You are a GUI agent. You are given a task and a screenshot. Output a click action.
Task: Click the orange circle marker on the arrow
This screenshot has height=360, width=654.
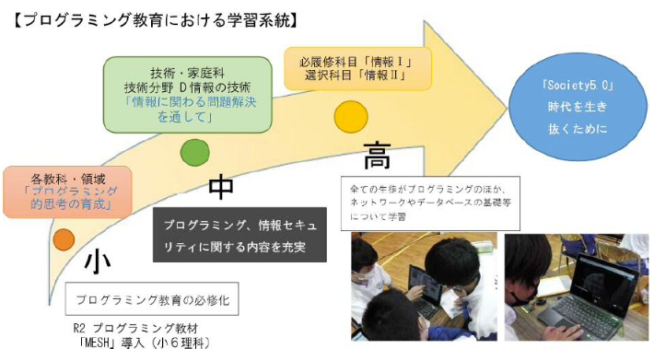click(x=64, y=238)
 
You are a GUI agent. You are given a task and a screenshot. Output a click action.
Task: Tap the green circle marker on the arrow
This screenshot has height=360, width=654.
click(x=193, y=150)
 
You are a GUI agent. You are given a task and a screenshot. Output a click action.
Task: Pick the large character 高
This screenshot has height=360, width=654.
click(x=378, y=154)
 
